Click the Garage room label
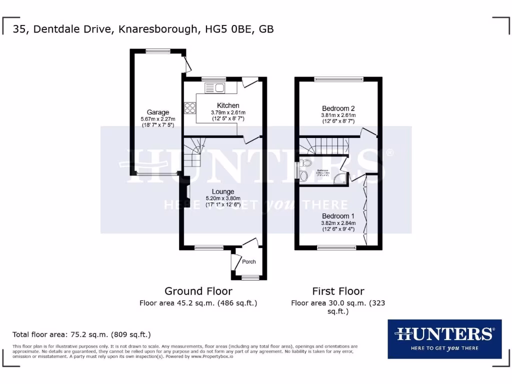(157, 112)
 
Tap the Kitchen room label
(228, 105)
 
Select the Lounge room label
(223, 191)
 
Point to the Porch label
(249, 261)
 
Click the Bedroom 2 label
(338, 108)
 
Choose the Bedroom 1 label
(338, 215)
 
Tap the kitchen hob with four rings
(190, 108)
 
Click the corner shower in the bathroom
(341, 178)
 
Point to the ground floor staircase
(194, 153)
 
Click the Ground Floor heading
(198, 291)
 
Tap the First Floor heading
(338, 291)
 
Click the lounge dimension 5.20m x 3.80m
(223, 198)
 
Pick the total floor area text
(81, 334)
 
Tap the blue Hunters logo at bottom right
(444, 339)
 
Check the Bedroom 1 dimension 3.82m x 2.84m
(338, 223)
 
